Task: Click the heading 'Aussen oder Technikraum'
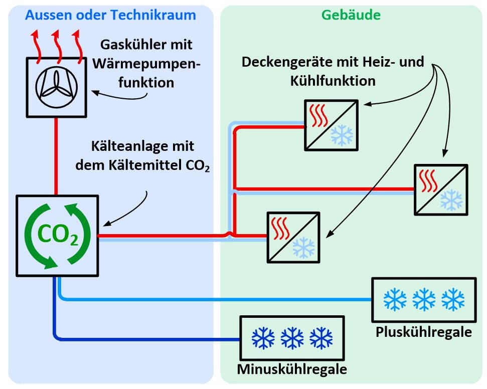[x=110, y=15]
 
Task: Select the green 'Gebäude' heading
[x=351, y=15]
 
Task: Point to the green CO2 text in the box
[x=58, y=235]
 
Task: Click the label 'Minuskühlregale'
[x=292, y=369]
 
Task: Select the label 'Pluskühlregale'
[x=423, y=332]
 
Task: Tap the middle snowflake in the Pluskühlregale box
[x=424, y=299]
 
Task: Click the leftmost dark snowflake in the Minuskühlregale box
[x=263, y=338]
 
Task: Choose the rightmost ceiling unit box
[x=441, y=190]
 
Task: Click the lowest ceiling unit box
[x=293, y=237]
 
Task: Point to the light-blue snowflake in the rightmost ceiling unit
[x=451, y=200]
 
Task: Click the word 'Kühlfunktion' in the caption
[x=333, y=81]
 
